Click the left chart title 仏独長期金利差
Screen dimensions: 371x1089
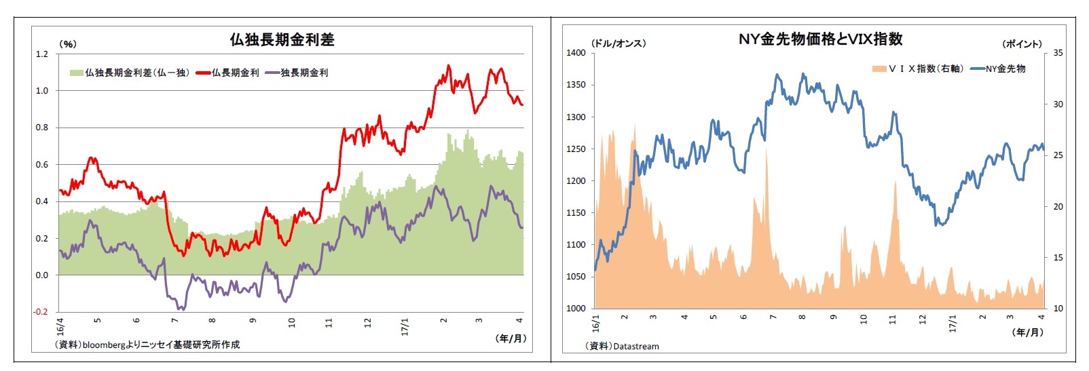[282, 40]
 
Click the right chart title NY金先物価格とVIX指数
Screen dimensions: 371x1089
[820, 39]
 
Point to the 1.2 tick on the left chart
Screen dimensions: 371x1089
[42, 54]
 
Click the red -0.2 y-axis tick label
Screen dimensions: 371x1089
[41, 312]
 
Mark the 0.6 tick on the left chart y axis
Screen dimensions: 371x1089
[42, 165]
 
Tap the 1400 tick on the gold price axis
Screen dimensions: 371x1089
[576, 53]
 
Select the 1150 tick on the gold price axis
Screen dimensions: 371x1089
[576, 213]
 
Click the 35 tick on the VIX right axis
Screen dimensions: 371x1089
[1058, 53]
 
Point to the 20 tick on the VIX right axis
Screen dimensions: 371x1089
[1058, 207]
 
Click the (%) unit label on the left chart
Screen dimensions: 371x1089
[69, 44]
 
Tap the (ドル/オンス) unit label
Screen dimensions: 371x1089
[619, 43]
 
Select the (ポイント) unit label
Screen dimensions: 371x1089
[1022, 44]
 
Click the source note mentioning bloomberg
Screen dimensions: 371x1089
[147, 345]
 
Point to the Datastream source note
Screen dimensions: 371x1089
[622, 347]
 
